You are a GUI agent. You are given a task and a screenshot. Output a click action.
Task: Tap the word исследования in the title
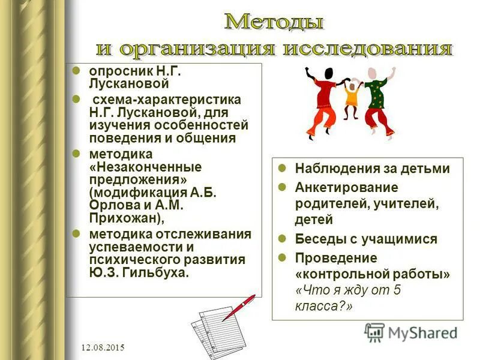pyautogui.click(x=365, y=48)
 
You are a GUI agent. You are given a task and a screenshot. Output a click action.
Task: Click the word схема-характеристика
pyautogui.click(x=166, y=99)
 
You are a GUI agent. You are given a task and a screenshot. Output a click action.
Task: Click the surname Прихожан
pyautogui.click(x=124, y=218)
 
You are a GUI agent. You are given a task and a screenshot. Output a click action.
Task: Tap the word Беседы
pyautogui.click(x=316, y=239)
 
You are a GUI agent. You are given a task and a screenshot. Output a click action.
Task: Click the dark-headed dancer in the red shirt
pyautogui.click(x=324, y=99)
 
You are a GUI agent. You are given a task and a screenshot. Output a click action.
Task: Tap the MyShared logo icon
pyautogui.click(x=374, y=332)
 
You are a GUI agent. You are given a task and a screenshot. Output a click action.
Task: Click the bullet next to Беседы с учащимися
pyautogui.click(x=283, y=238)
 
